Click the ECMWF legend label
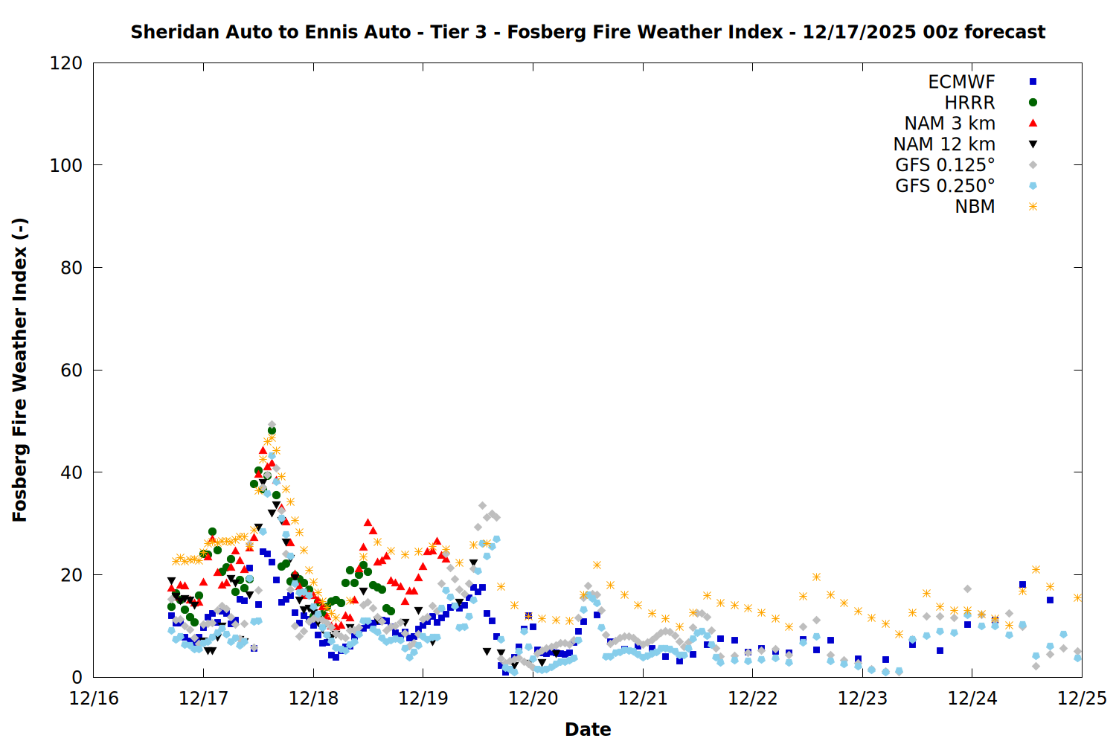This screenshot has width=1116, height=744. pyautogui.click(x=961, y=82)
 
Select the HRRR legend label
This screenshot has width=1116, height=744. pyautogui.click(x=969, y=103)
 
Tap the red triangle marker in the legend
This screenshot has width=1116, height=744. pyautogui.click(x=1033, y=123)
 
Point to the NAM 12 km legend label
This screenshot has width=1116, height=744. pyautogui.click(x=944, y=144)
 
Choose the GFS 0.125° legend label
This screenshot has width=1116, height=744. pyautogui.click(x=945, y=165)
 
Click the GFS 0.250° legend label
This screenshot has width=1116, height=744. pyautogui.click(x=945, y=186)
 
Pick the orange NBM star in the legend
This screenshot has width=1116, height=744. pyautogui.click(x=1033, y=207)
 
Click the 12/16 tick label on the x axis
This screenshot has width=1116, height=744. pyautogui.click(x=94, y=699)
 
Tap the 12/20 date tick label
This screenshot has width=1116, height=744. pyautogui.click(x=533, y=699)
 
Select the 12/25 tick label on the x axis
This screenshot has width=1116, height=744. pyautogui.click(x=1082, y=699)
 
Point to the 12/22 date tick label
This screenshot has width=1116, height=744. pyautogui.click(x=752, y=699)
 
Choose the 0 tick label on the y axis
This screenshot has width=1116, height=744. pyautogui.click(x=77, y=677)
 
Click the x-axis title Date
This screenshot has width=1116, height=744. pyautogui.click(x=588, y=729)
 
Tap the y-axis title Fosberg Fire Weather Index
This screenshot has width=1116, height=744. pyautogui.click(x=20, y=370)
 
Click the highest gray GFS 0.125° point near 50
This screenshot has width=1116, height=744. pyautogui.click(x=272, y=425)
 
